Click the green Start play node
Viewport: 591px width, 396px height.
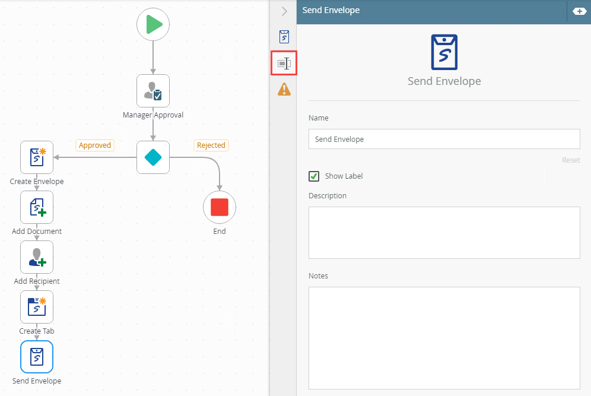153,24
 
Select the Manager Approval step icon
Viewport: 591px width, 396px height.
153,91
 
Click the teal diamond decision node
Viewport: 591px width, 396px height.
153,157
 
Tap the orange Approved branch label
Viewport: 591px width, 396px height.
95,145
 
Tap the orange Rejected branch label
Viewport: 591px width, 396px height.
211,145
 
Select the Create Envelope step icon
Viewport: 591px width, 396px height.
37,157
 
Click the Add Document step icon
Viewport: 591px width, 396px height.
37,207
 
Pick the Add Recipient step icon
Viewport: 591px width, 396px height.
37,257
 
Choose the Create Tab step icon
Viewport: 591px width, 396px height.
37,306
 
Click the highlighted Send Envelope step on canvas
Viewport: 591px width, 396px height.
37,357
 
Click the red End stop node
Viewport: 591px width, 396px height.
220,207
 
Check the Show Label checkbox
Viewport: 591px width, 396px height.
314,176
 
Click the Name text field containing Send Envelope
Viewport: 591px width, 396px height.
444,139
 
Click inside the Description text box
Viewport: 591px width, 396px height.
444,233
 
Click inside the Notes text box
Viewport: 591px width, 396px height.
444,338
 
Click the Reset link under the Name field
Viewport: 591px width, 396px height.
571,160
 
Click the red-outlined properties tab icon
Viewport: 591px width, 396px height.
284,64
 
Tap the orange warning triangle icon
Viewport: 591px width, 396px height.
284,90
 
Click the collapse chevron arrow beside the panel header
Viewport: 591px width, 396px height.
285,11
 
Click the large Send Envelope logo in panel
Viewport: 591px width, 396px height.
444,52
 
